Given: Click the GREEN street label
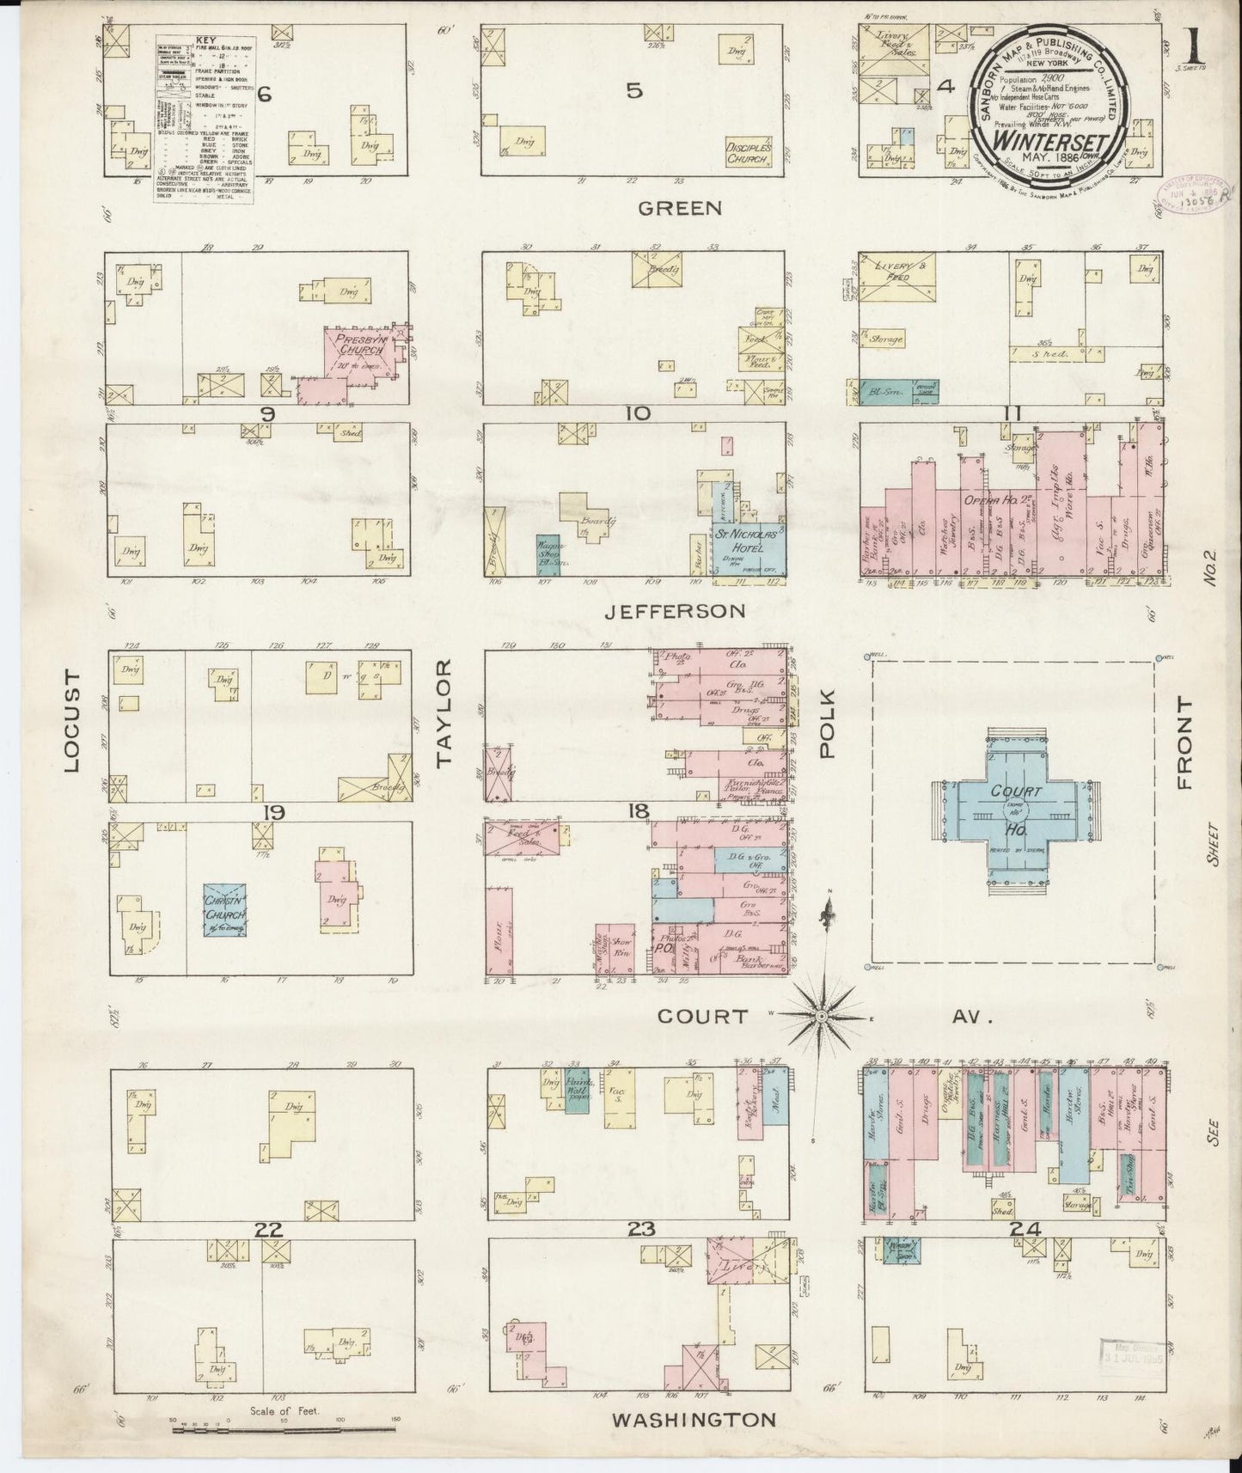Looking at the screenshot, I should pyautogui.click(x=679, y=208).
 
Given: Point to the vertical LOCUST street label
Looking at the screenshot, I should pyautogui.click(x=71, y=722).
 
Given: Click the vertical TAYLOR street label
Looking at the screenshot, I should pyautogui.click(x=444, y=713).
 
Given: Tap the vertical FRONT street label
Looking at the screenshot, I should pyautogui.click(x=1187, y=743).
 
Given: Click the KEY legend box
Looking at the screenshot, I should pyautogui.click(x=205, y=119).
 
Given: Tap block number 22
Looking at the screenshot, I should pyautogui.click(x=268, y=1229).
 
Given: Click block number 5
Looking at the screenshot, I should pyautogui.click(x=633, y=90).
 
